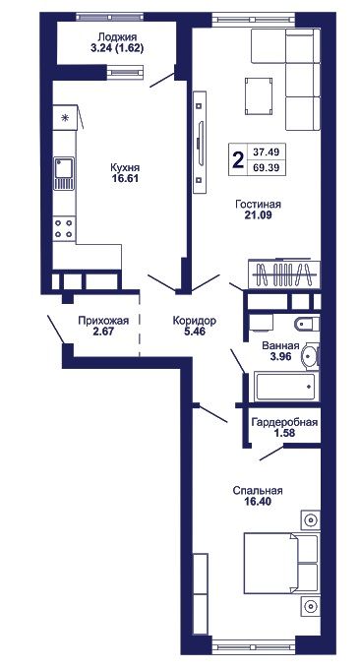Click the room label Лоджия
[x=117, y=37]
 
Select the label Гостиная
[x=258, y=205]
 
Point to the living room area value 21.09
[x=258, y=215]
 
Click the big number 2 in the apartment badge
[x=237, y=159]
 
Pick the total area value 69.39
[x=266, y=167]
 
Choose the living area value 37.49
[x=266, y=152]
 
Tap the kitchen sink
[x=64, y=173]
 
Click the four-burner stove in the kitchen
[x=64, y=228]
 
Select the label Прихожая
[x=103, y=321]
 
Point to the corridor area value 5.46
[x=195, y=331]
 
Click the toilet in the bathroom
[x=306, y=325]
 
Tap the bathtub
[x=286, y=387]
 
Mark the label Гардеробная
[x=284, y=422]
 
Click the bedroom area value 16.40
[x=258, y=502]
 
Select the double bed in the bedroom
[x=280, y=563]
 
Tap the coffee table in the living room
[x=258, y=95]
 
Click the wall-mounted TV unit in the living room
[x=200, y=143]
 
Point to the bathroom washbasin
[x=311, y=355]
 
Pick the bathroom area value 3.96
[x=280, y=356]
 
